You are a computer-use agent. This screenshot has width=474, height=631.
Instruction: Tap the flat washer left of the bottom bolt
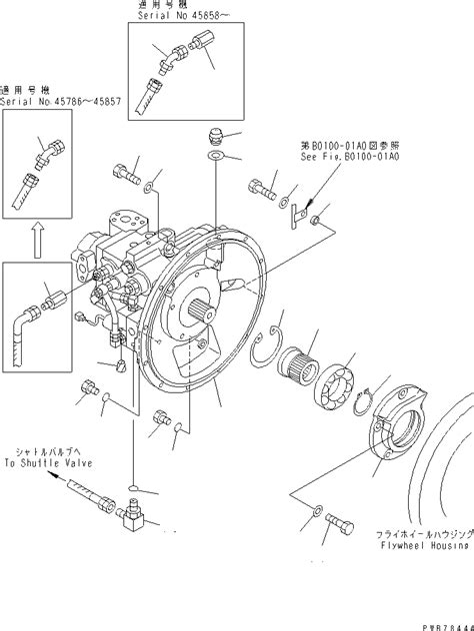pos(313,540)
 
